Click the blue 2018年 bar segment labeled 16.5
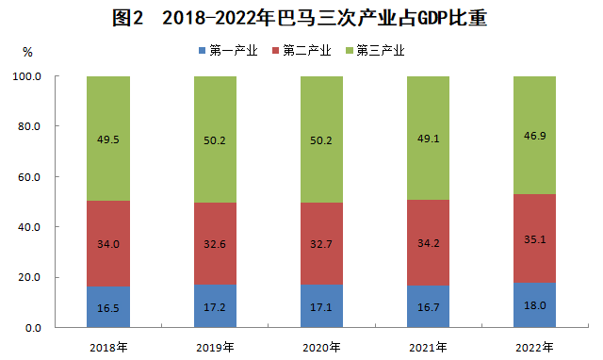click(x=108, y=307)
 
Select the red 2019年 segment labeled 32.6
click(x=215, y=243)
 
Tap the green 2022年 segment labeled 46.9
click(x=534, y=135)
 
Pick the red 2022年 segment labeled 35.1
click(x=534, y=238)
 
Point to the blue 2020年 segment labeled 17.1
click(x=321, y=306)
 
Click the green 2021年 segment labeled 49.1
click(x=428, y=139)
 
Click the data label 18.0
click(x=534, y=305)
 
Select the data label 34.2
click(x=428, y=243)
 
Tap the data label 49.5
click(x=108, y=139)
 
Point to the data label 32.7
click(x=321, y=244)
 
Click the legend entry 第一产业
click(x=228, y=50)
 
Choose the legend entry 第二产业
click(x=301, y=50)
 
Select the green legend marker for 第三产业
click(x=350, y=50)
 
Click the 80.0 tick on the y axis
click(x=29, y=126)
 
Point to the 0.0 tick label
click(x=33, y=328)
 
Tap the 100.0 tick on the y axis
click(x=27, y=76)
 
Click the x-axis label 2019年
click(x=215, y=348)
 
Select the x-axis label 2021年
click(x=428, y=348)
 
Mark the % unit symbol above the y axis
click(x=27, y=53)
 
